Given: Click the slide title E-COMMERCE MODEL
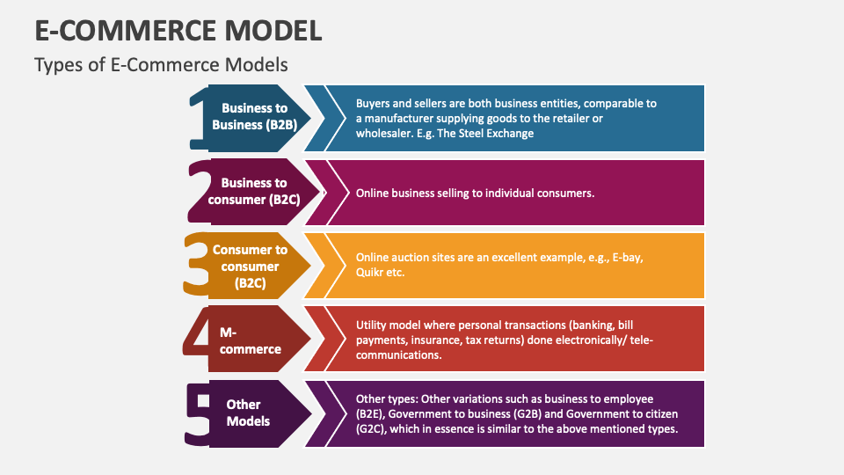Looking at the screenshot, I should pyautogui.click(x=178, y=30).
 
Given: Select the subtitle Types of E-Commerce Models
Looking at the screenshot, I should pyautogui.click(x=161, y=65).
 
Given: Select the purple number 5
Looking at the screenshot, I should pyautogui.click(x=199, y=413).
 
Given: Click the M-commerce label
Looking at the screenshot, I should pyautogui.click(x=251, y=340).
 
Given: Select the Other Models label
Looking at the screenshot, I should pyautogui.click(x=247, y=413).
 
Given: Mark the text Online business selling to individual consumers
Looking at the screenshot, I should pyautogui.click(x=475, y=193).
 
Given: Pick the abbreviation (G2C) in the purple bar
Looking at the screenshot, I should pyautogui.click(x=371, y=430).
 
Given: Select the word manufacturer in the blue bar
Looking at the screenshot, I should pyautogui.click(x=401, y=118).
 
